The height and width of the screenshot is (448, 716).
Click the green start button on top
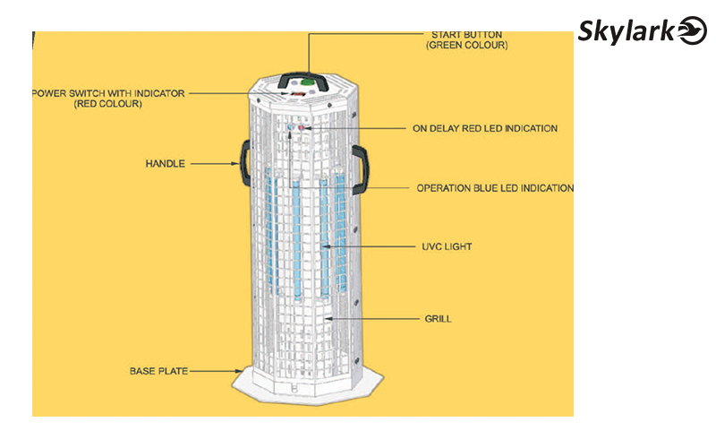tap(307, 82)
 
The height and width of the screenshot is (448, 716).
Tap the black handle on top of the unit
tap(303, 76)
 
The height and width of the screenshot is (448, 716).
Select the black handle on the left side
tap(245, 163)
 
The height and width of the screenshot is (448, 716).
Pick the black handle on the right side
tap(361, 169)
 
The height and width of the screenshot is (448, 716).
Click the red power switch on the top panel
tap(298, 93)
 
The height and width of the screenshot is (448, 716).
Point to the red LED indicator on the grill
tap(302, 127)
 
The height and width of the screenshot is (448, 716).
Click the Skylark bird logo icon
tap(692, 30)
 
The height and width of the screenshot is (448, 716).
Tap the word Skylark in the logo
tap(626, 31)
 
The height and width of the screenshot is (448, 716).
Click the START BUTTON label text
tap(466, 35)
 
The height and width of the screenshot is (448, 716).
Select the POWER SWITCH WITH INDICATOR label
tap(108, 93)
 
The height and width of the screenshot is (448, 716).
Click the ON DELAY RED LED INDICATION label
tap(485, 128)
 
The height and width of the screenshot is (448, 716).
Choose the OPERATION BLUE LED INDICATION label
tap(495, 188)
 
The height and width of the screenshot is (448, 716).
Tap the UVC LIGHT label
tap(447, 247)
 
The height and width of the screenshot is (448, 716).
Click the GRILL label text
tap(438, 319)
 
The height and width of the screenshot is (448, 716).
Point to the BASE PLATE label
tap(159, 371)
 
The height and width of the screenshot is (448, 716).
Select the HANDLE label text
tap(166, 164)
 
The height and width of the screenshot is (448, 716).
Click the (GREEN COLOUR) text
tap(466, 46)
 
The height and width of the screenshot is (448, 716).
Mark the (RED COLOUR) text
tap(108, 104)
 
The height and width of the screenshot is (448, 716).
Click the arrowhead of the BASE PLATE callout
tap(238, 371)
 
